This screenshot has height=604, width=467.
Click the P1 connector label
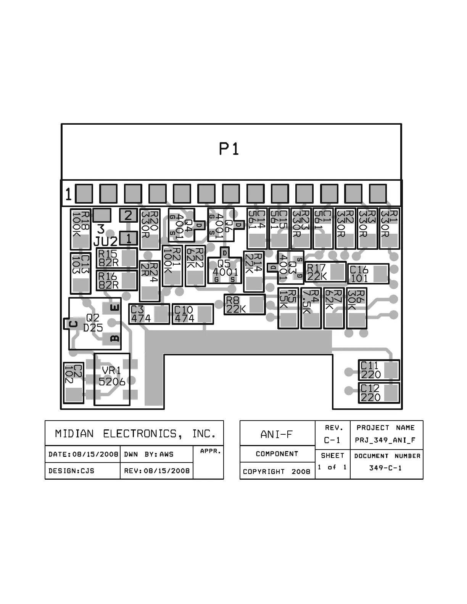pos(229,149)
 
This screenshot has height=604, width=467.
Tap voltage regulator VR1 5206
pos(112,377)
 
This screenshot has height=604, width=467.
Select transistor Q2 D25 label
pos(93,323)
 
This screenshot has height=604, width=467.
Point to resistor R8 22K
pos(244,305)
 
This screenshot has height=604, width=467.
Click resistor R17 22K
pos(325,272)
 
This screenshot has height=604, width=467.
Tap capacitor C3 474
pos(149,314)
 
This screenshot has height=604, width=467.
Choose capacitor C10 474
pos(192,314)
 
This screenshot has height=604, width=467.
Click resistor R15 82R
pos(117,258)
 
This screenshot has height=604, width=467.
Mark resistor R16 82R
pos(117,280)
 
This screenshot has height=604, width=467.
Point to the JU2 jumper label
pos(105,241)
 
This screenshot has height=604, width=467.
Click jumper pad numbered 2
pos(128,215)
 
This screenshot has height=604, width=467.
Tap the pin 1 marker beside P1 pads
pos(68,194)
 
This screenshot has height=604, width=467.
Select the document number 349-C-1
pos(385,468)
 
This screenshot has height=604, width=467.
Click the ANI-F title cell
pos(277,434)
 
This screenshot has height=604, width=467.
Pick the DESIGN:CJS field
pos(71,471)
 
